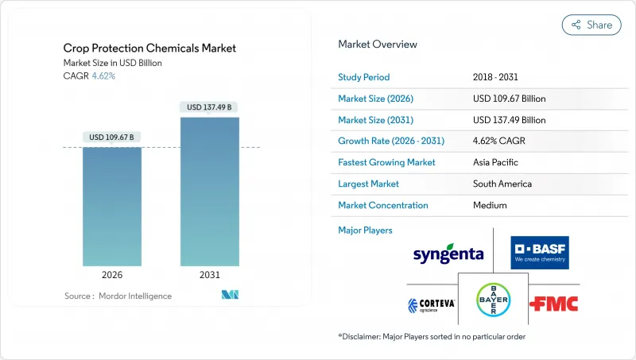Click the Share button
(x=591, y=25)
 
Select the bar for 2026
(x=111, y=206)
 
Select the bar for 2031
(x=210, y=191)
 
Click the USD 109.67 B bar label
(x=111, y=137)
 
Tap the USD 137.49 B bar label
(x=210, y=107)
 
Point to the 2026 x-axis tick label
(x=111, y=276)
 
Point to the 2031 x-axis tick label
(x=210, y=276)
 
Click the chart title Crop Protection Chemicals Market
(x=149, y=48)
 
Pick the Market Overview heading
(x=378, y=45)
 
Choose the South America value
(x=503, y=184)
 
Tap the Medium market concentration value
(x=491, y=205)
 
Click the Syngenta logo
(x=448, y=254)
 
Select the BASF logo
(x=540, y=249)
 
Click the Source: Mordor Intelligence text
(x=118, y=296)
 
